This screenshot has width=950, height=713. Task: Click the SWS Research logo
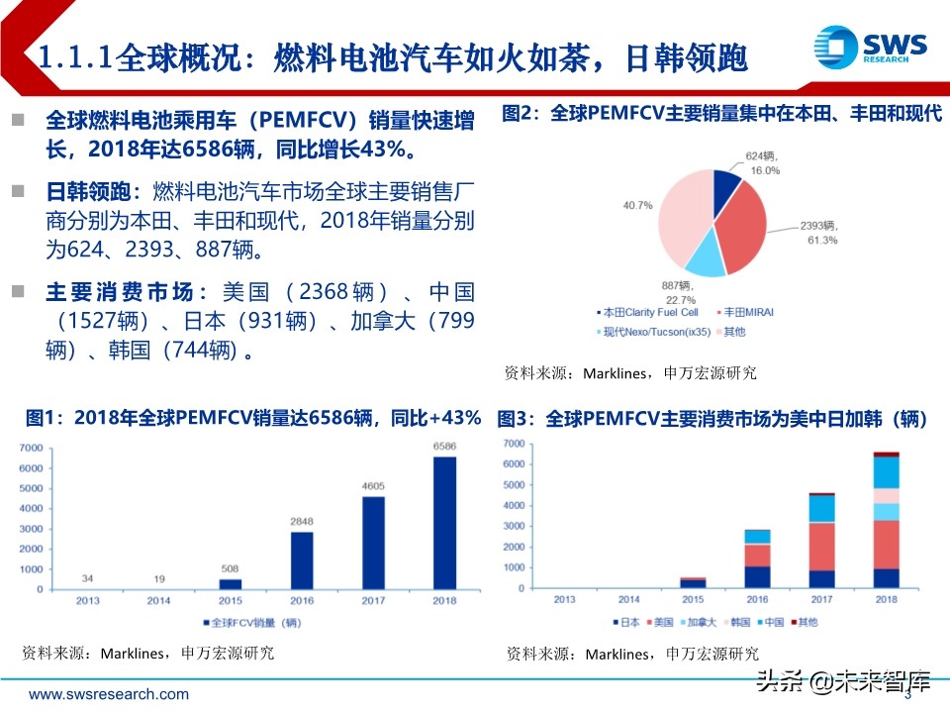coord(870,48)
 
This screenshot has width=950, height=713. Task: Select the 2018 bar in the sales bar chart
coord(445,523)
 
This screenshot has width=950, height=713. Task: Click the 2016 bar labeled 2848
coord(302,560)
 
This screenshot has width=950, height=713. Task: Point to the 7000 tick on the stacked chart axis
coord(512,443)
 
